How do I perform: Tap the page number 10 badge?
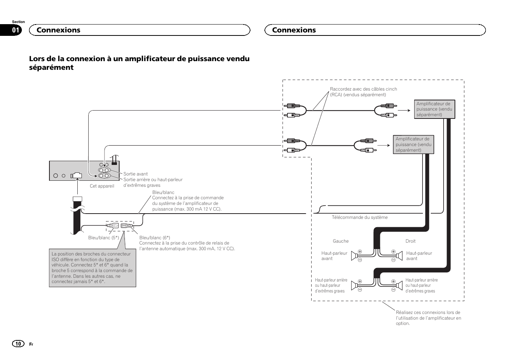tap(18, 343)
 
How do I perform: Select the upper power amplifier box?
tap(434, 109)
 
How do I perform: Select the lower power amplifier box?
tap(413, 145)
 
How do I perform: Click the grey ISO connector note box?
tap(92, 268)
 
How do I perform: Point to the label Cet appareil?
tap(102, 186)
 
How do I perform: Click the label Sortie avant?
tap(135, 174)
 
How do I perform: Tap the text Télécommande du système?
tap(359, 217)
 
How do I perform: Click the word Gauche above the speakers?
tap(341, 241)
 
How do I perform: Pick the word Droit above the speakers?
tap(410, 241)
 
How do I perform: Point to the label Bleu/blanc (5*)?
tap(103, 238)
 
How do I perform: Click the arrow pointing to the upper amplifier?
tap(404, 111)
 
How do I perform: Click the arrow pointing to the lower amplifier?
tap(383, 145)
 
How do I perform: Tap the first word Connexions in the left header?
tap(58, 30)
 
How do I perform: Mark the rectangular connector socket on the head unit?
tap(77, 175)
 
